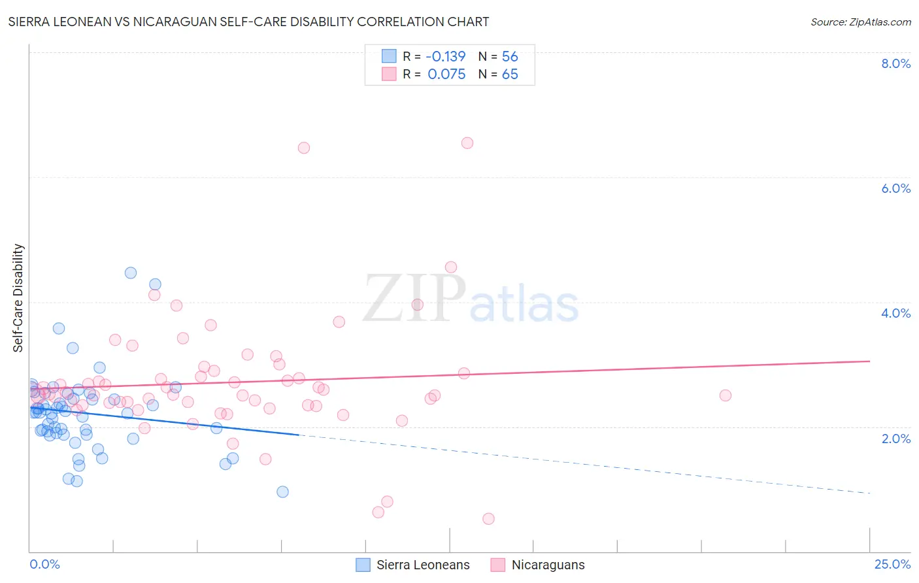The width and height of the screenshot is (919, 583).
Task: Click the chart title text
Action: (x=248, y=22)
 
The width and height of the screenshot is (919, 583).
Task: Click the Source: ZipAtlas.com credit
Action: (x=860, y=22)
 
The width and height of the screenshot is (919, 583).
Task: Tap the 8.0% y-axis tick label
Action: (x=895, y=63)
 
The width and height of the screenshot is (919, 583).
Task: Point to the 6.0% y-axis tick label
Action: (x=895, y=188)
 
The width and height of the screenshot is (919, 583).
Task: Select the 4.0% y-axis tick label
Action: (x=895, y=313)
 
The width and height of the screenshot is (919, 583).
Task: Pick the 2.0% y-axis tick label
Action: (x=895, y=439)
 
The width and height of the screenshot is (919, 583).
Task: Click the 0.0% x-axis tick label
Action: (x=44, y=564)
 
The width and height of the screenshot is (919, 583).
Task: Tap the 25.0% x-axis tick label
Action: (x=892, y=564)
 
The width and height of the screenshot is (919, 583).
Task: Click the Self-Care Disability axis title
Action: (x=18, y=298)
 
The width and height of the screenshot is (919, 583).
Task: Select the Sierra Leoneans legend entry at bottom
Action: (x=413, y=565)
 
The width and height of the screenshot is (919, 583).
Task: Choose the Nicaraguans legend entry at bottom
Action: (x=538, y=565)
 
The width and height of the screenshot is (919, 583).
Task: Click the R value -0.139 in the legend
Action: (x=446, y=56)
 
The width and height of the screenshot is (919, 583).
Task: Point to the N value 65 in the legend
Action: (x=510, y=75)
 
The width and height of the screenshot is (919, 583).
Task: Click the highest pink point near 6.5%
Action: (x=467, y=143)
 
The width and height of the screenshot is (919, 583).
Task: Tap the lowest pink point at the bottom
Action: (x=488, y=519)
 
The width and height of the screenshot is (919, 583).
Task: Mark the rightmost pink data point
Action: (x=725, y=395)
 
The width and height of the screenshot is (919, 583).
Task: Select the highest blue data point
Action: (x=131, y=273)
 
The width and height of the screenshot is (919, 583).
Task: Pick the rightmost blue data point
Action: (x=282, y=491)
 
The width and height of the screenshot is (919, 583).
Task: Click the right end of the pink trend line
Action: (x=869, y=361)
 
